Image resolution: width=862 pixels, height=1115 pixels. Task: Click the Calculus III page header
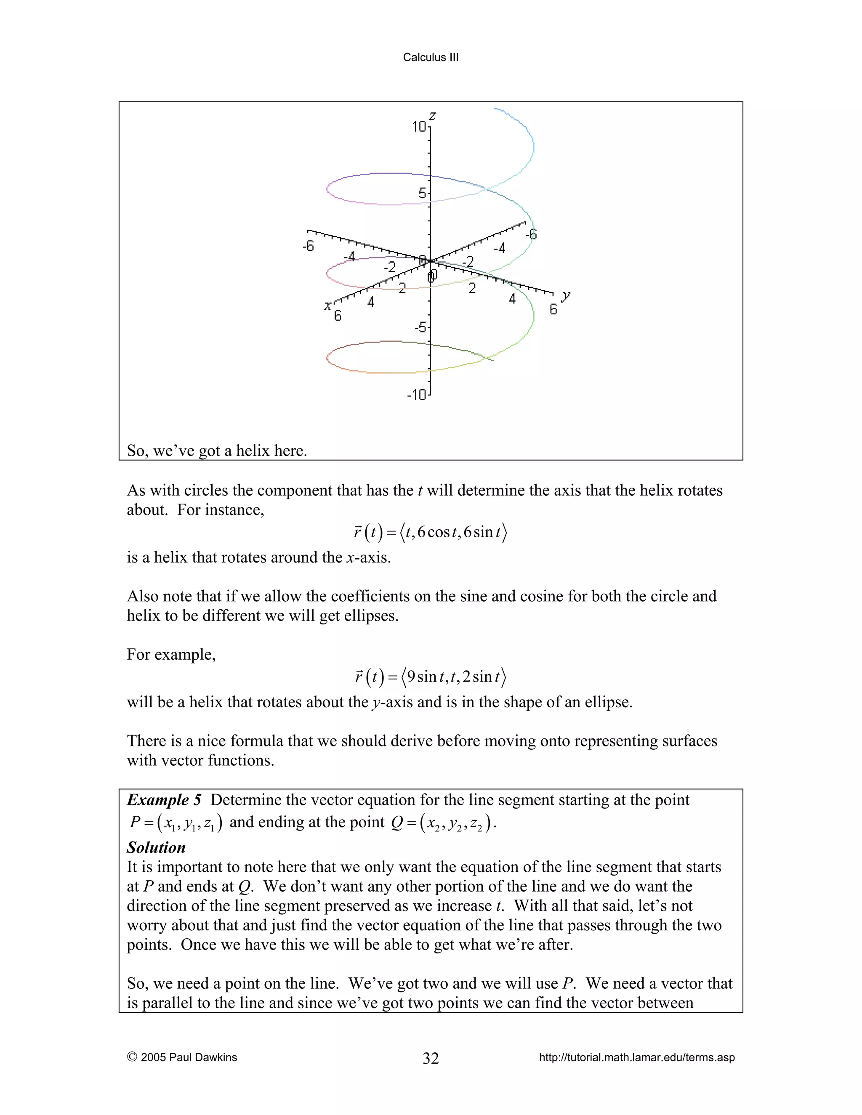431,57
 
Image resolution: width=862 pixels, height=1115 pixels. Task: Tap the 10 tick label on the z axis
419,126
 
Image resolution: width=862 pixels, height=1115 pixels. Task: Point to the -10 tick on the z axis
416,395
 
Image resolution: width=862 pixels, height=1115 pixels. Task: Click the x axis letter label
327,306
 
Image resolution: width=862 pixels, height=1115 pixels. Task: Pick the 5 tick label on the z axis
422,193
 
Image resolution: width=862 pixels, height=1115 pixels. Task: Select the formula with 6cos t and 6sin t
430,533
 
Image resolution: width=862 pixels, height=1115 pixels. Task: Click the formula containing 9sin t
430,677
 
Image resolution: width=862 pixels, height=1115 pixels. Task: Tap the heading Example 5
164,799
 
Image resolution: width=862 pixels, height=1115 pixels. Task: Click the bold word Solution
156,847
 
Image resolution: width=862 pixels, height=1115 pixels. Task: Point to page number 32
431,1058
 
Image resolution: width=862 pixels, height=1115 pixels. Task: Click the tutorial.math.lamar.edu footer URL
636,1057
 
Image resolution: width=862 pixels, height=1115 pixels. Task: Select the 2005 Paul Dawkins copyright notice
182,1057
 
